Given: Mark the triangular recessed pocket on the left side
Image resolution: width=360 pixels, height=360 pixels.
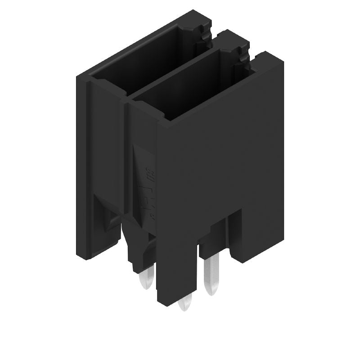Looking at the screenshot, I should [x=110, y=220].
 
